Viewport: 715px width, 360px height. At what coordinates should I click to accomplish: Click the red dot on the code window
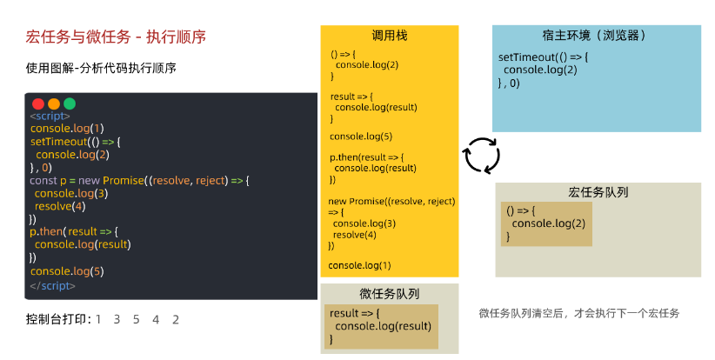pos(38,103)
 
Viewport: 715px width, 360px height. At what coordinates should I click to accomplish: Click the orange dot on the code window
pos(54,103)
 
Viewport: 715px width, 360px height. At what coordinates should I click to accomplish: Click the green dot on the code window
pos(70,103)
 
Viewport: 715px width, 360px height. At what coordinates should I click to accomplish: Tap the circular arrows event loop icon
pos(480,155)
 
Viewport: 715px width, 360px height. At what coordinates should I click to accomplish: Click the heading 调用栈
pos(389,37)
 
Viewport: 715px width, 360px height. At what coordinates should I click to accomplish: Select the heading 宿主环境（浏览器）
pos(596,37)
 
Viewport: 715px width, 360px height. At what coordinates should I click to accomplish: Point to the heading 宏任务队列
pos(598,192)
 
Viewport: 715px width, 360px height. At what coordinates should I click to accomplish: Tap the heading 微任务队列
pos(389,293)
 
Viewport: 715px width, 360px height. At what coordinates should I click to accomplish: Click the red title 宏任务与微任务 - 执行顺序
pos(116,37)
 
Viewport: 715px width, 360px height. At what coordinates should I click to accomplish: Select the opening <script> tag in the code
pos(50,116)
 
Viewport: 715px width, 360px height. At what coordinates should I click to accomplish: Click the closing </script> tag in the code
pos(53,284)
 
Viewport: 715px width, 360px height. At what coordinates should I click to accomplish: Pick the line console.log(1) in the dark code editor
pos(67,129)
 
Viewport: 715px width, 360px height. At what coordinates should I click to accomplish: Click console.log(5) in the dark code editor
pos(67,271)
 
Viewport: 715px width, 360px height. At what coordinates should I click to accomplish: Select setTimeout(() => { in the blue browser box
pos(544,57)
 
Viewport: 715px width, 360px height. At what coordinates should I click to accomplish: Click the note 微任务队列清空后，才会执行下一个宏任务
pos(578,313)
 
